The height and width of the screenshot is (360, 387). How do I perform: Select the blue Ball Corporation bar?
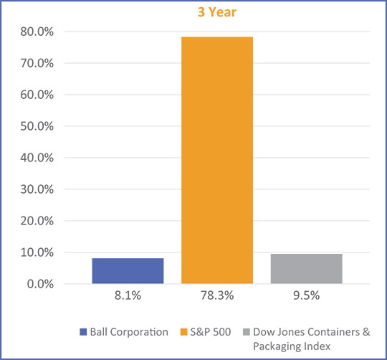(128, 270)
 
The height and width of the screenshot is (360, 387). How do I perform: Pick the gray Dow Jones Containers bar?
(306, 268)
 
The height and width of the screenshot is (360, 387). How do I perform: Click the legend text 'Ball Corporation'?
(128, 332)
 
